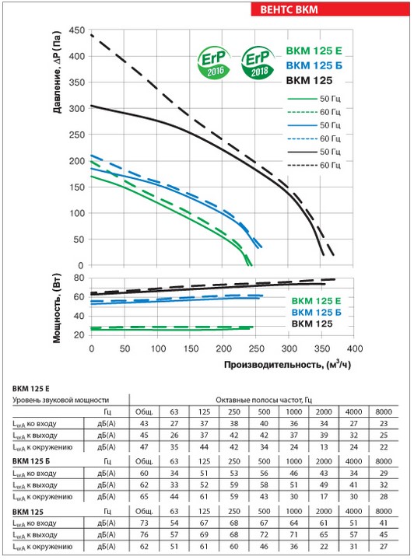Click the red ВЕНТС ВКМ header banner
330,9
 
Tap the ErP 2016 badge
213,63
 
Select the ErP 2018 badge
258,63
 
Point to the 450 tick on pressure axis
77,30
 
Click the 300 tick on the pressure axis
77,109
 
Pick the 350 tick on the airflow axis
321,348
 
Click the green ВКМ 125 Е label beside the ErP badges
314,51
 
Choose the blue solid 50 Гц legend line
302,125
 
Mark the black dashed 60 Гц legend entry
314,165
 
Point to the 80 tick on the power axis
79,278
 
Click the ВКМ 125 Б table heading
31,461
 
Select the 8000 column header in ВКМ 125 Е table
384,411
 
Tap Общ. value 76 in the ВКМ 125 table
144,534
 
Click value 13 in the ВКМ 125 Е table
324,446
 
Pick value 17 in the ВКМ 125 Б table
324,496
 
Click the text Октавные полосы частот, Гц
264,400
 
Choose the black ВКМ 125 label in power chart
312,324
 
